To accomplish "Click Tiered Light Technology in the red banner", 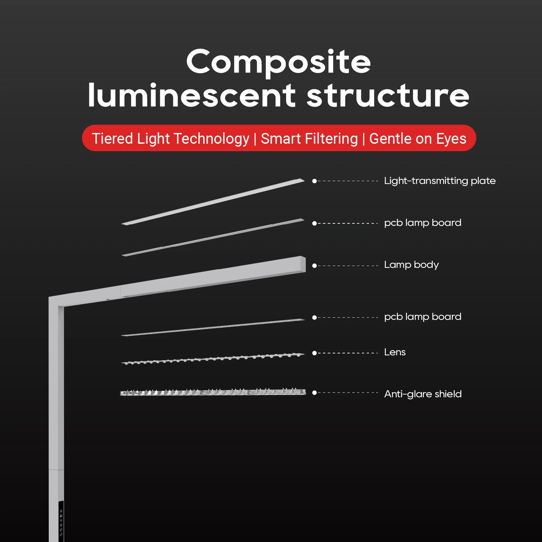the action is point(170,139).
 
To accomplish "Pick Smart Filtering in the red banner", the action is point(309,139).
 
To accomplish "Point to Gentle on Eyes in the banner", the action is point(418,139).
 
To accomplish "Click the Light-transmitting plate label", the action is point(440,181).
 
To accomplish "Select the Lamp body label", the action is point(411,265).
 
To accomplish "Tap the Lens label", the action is point(395,352).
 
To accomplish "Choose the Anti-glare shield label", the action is point(423,394).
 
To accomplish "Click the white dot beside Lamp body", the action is point(314,266).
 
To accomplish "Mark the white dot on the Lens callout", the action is point(314,353).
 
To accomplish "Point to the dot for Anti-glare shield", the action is point(314,393).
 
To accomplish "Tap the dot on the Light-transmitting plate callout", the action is point(314,181).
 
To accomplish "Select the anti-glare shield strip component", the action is point(213,392).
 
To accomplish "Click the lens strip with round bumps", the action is point(213,359).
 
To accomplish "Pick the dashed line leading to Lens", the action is point(348,353).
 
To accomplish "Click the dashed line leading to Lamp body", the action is point(348,266).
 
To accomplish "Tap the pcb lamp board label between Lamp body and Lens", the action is point(423,317).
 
